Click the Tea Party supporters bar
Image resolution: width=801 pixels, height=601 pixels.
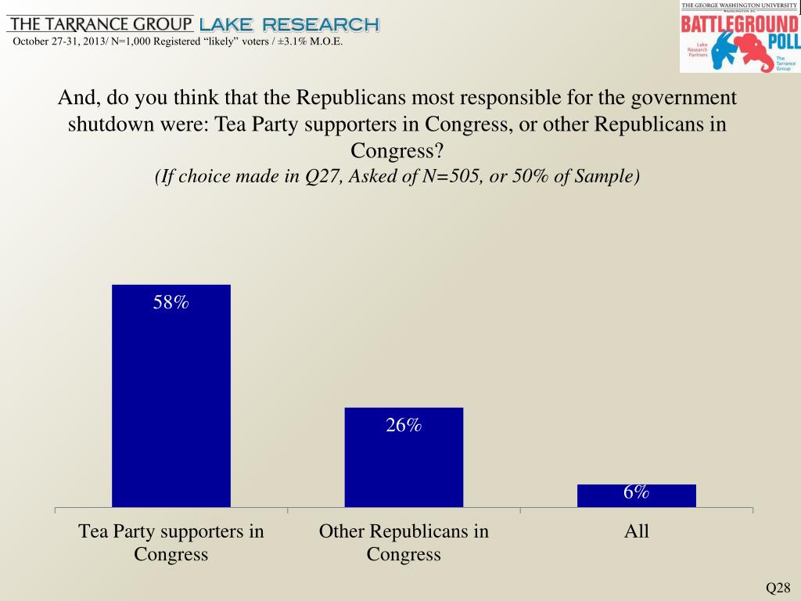point(171,395)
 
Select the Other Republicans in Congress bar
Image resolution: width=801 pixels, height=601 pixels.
point(404,457)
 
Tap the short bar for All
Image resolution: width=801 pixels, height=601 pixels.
point(637,496)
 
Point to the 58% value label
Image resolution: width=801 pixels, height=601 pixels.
point(171,303)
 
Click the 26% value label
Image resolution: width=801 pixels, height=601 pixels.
point(404,425)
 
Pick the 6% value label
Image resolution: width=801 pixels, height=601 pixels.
point(636,492)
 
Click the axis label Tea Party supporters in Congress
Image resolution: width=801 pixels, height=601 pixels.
point(171,543)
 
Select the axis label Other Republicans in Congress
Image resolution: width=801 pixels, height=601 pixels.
point(404,543)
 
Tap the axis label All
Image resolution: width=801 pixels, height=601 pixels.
point(637,532)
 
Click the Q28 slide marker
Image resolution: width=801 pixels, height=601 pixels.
point(778,588)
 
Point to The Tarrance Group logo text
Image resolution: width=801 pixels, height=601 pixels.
point(99,23)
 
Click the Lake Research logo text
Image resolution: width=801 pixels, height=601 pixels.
point(289,24)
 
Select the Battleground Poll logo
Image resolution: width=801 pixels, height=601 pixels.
point(738,37)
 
